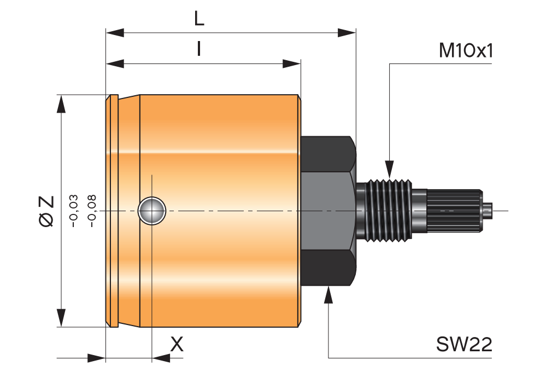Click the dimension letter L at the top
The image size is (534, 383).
[x=199, y=19]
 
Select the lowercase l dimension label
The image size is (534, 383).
[x=199, y=50]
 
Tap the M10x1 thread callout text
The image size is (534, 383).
[x=466, y=51]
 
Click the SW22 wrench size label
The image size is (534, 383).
[x=464, y=345]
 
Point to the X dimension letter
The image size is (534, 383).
[x=177, y=344]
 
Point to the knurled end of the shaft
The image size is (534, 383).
[x=454, y=210]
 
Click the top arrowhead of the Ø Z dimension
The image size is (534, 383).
[x=62, y=104]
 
